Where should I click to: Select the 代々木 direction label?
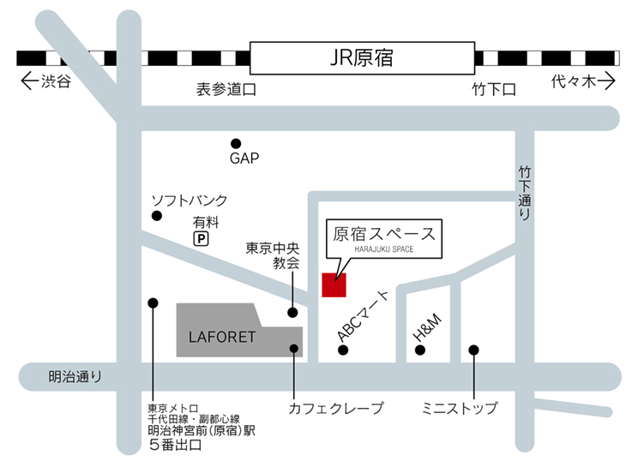coord(583,81)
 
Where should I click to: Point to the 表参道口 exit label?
coord(226,89)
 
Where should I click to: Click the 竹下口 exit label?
coord(494,89)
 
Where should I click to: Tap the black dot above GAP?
coord(236,144)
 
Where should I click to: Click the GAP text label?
coord(244,159)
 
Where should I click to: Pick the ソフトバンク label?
coord(190,201)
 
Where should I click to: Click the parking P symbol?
coord(201,240)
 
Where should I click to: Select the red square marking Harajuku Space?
coord(334,284)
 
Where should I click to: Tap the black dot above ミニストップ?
coord(473,350)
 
